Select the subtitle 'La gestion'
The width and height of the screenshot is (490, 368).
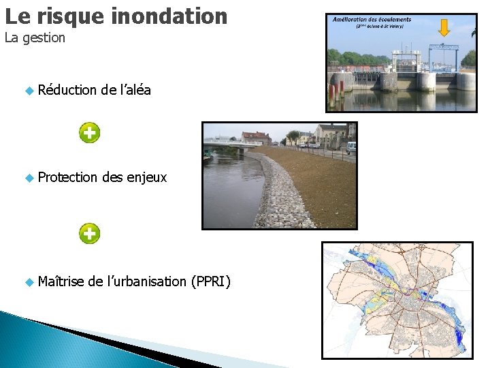tap(35, 38)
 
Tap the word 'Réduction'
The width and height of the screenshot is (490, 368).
tap(67, 90)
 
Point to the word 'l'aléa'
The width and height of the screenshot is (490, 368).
tap(135, 90)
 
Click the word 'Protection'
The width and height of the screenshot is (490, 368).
tap(67, 177)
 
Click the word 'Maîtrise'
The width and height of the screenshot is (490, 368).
tap(61, 281)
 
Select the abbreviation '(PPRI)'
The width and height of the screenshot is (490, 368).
tap(211, 281)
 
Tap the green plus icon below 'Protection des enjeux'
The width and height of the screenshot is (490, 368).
tap(89, 233)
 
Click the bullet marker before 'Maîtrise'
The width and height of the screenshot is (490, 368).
tap(29, 281)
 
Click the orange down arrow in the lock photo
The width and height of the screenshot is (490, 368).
tap(444, 28)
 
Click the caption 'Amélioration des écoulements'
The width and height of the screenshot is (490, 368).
tap(367, 20)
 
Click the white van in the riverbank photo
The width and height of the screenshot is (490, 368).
tap(350, 147)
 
